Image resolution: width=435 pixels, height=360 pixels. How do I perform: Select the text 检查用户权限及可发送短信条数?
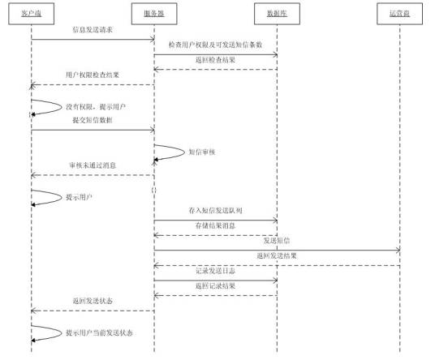[x=216, y=45]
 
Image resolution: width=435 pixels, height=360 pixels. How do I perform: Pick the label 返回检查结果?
[x=216, y=60]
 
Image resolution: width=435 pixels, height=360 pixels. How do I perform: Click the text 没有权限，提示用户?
[x=96, y=106]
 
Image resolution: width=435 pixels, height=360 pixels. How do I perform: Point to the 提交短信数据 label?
[x=92, y=120]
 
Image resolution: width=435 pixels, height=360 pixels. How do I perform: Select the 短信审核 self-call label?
[x=200, y=151]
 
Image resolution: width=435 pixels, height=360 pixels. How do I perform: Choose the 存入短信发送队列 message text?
[x=216, y=211]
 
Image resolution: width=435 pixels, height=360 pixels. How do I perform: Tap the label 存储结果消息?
[x=216, y=225]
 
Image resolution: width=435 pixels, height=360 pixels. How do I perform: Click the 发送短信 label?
[x=277, y=241]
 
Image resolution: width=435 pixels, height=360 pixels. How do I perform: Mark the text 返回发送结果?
[x=277, y=255]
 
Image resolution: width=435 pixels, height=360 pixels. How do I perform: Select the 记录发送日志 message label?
[x=216, y=271]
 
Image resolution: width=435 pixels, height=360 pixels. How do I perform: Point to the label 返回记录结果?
[x=216, y=285]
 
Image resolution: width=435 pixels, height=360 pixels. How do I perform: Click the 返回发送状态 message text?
[x=92, y=301]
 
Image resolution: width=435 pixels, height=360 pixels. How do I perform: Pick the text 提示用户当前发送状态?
[x=101, y=332]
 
